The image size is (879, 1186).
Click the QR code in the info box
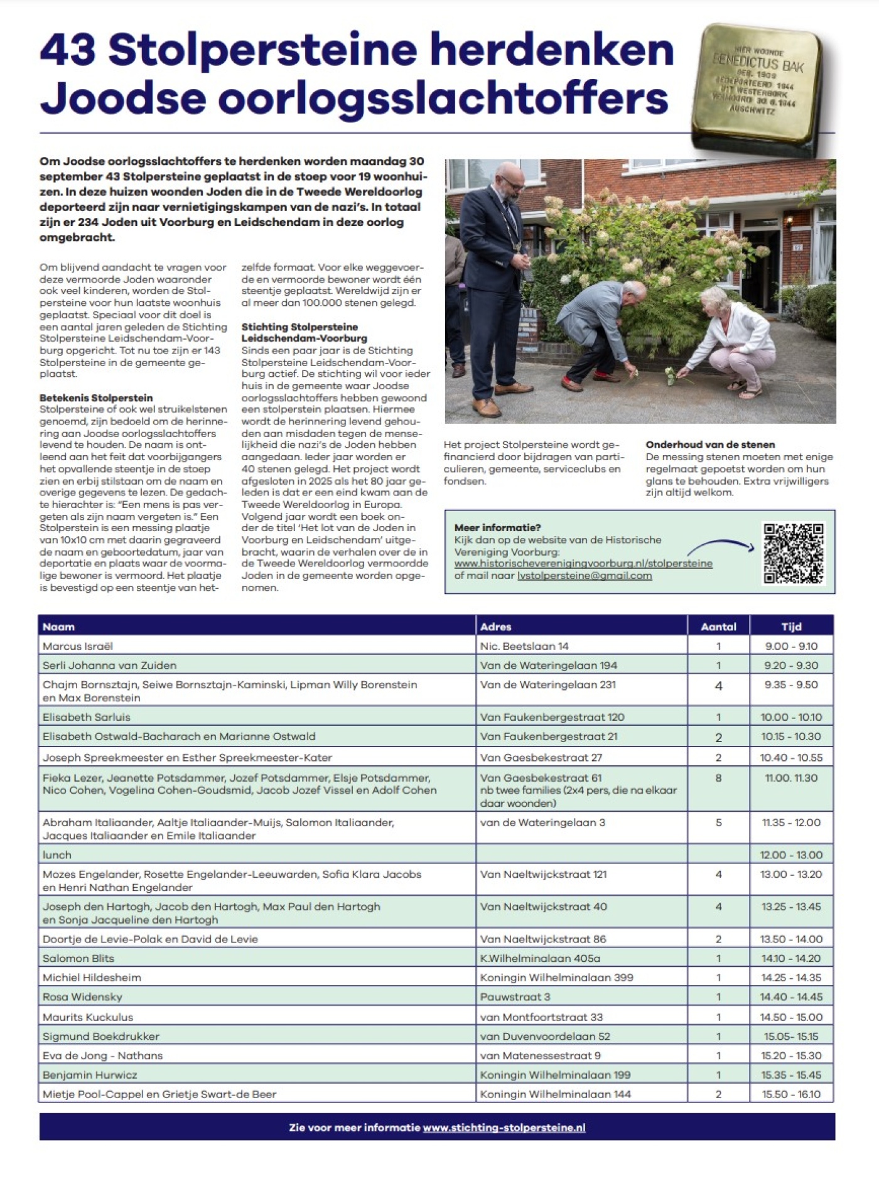[x=793, y=553]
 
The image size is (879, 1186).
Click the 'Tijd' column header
[x=791, y=627]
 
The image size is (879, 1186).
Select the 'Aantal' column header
[x=718, y=627]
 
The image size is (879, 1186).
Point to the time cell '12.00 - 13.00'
[x=791, y=854]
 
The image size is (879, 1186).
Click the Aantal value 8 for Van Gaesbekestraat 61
[x=718, y=778]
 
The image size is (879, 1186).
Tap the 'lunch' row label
[x=57, y=854]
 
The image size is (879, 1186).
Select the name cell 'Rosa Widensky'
[x=82, y=996]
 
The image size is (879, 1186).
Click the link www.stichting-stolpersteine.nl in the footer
[x=504, y=1127]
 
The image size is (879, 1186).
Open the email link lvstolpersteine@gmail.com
[x=584, y=575]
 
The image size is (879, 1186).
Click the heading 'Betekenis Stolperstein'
[x=96, y=397]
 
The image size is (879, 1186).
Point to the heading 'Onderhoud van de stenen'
[x=710, y=445]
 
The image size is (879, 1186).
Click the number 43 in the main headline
[x=68, y=50]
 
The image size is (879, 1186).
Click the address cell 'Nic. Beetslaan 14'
[x=524, y=646]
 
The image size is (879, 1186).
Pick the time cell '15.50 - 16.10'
[x=791, y=1094]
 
